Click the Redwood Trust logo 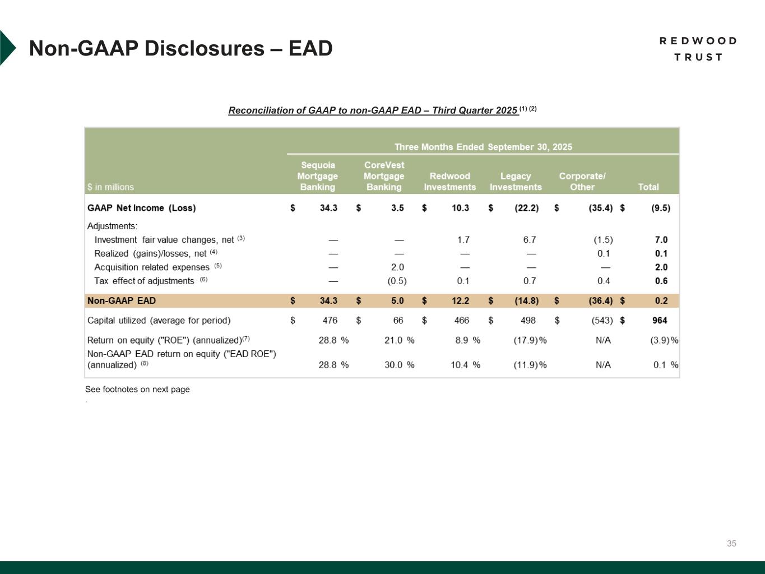[698, 49]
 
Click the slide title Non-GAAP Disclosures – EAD [180, 49]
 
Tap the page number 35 [731, 543]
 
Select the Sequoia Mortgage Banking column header [317, 176]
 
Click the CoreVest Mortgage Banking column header [384, 176]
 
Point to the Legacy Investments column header [516, 182]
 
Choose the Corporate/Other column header [582, 182]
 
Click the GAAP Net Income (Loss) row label [142, 208]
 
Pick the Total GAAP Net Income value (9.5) [660, 208]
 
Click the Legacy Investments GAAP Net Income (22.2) [526, 208]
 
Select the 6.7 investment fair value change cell [529, 240]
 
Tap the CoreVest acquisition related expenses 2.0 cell [397, 267]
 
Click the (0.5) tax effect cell [397, 281]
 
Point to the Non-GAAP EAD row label [122, 301]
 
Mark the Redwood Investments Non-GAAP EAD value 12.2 [460, 301]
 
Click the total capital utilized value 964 [660, 321]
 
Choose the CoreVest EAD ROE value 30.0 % [399, 365]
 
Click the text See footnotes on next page [137, 390]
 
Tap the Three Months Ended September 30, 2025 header [483, 147]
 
